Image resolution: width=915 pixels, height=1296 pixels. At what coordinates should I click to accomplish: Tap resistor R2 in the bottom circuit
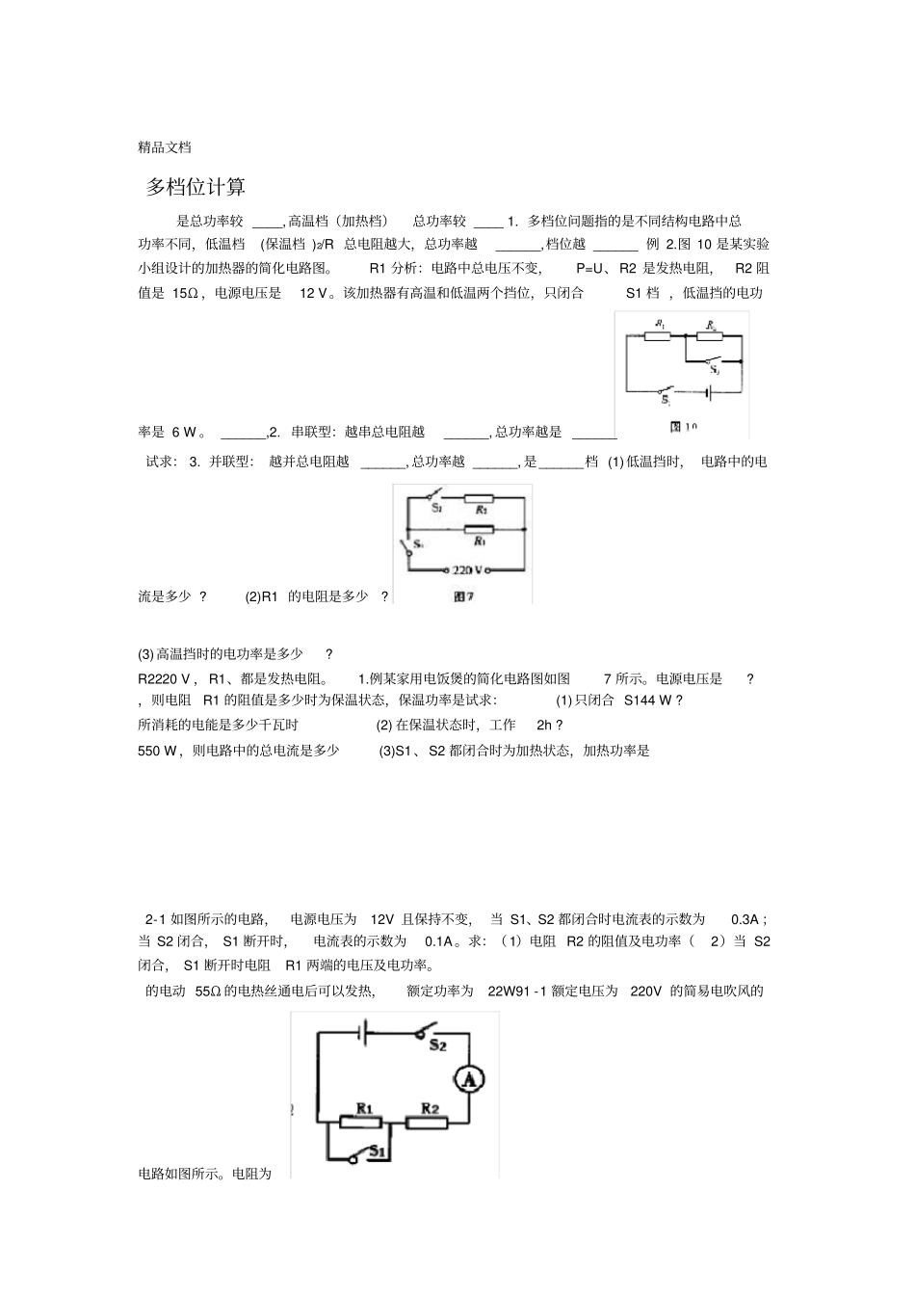(x=428, y=1123)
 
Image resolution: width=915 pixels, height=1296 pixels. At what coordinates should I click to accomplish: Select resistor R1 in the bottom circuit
(x=362, y=1123)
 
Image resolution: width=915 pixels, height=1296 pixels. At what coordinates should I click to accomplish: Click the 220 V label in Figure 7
(x=467, y=570)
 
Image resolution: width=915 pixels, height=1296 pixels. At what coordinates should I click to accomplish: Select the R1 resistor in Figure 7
(x=479, y=529)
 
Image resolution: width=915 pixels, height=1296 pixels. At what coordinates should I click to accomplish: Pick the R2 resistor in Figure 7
(x=479, y=499)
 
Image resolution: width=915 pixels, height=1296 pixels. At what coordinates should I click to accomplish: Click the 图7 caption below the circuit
(x=463, y=597)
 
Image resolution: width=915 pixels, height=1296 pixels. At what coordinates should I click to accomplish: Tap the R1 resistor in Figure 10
(x=661, y=336)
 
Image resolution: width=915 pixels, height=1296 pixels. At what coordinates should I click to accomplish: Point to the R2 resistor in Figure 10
(x=711, y=336)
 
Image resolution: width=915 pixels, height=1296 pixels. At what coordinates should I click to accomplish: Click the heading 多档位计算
(x=196, y=187)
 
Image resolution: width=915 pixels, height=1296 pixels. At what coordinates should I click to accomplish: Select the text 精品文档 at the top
(x=165, y=147)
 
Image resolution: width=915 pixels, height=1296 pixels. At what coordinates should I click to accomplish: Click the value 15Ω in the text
(x=185, y=293)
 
